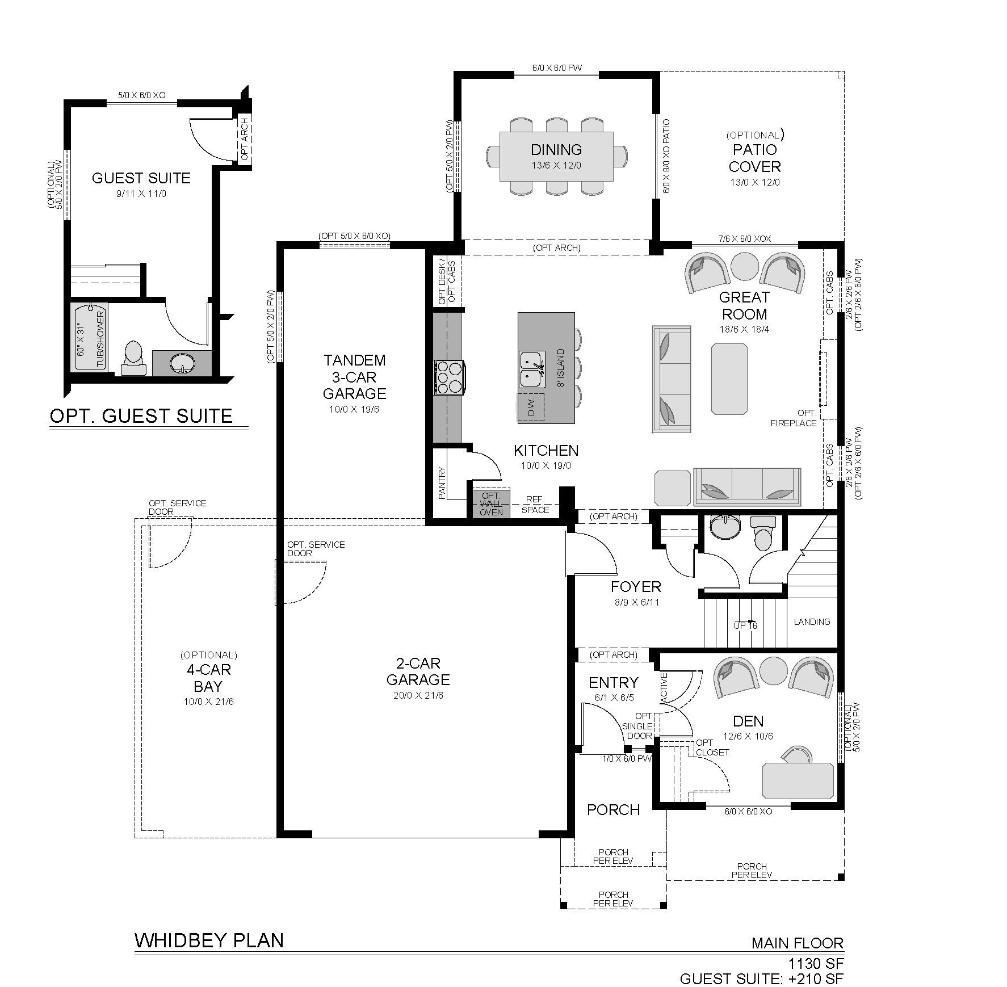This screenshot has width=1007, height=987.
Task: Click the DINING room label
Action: (556, 150)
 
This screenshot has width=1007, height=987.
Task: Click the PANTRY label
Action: (443, 482)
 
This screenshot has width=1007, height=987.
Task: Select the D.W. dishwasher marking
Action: (531, 407)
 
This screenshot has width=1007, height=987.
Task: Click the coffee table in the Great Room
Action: (729, 379)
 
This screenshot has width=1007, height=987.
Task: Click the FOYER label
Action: (636, 586)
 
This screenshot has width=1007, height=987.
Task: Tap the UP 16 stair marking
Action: (745, 625)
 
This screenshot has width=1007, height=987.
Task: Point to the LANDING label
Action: (812, 621)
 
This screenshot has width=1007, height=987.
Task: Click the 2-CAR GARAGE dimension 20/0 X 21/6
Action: (418, 695)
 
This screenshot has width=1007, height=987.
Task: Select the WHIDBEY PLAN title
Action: (209, 940)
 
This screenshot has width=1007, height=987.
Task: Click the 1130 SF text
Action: (816, 963)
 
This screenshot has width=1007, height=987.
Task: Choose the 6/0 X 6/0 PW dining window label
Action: (557, 69)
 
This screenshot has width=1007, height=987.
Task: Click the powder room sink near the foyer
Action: (725, 526)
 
